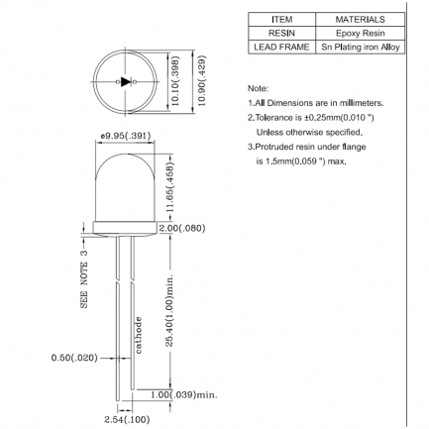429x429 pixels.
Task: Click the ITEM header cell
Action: click(281, 20)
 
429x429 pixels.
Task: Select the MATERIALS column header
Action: click(360, 20)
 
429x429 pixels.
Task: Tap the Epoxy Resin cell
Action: click(360, 34)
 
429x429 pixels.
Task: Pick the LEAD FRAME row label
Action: click(281, 47)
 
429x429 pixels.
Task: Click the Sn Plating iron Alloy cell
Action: click(360, 47)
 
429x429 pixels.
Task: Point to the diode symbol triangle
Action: click(126, 81)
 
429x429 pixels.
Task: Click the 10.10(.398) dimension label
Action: click(175, 81)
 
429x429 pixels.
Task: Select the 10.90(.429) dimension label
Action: click(201, 80)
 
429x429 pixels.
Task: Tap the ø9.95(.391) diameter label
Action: click(126, 136)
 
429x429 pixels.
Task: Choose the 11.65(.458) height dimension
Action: click(169, 187)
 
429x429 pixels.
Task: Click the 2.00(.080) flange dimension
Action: click(182, 228)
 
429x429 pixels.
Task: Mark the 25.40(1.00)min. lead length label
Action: click(169, 310)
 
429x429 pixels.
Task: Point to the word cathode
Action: click(139, 335)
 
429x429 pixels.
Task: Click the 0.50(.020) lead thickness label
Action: click(74, 358)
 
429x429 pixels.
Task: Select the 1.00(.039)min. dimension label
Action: click(184, 394)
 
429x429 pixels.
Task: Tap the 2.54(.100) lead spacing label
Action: click(127, 420)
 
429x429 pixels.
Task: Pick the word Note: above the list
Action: click(259, 88)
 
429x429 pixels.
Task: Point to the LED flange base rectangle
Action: click(125, 228)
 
